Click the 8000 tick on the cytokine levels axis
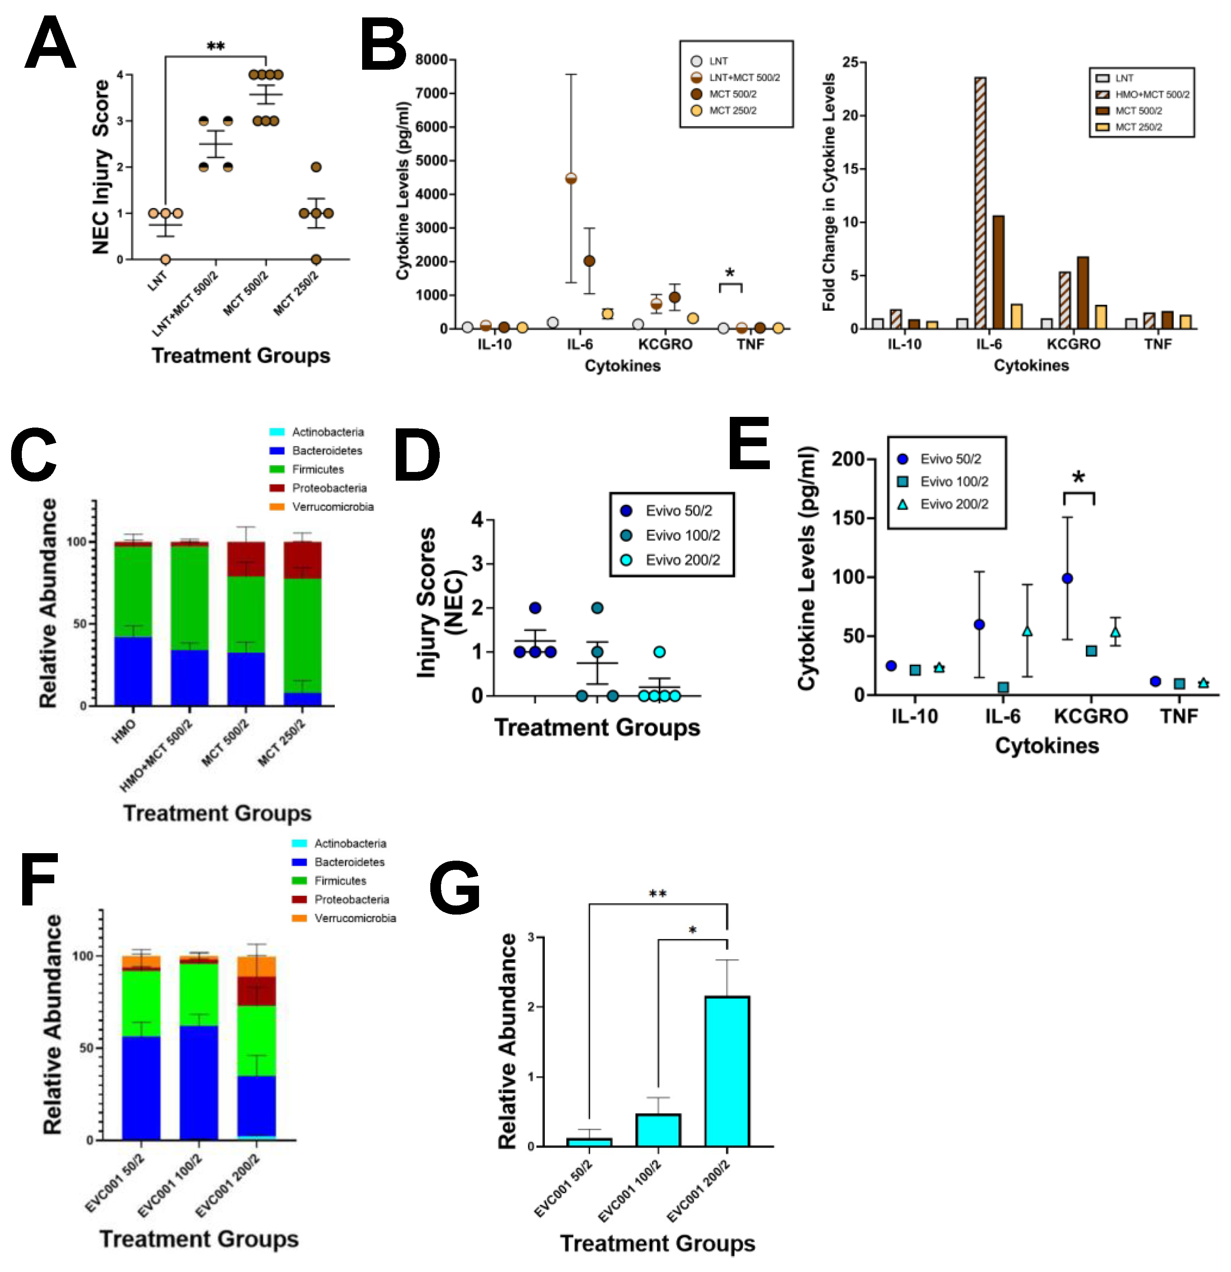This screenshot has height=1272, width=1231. pyautogui.click(x=431, y=60)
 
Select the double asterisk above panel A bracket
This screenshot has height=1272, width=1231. pyautogui.click(x=216, y=47)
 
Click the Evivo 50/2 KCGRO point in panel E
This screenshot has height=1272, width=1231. pyautogui.click(x=1067, y=578)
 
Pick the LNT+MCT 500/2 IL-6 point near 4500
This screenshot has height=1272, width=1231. pyautogui.click(x=571, y=178)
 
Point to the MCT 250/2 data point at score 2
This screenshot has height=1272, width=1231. pyautogui.click(x=316, y=168)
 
